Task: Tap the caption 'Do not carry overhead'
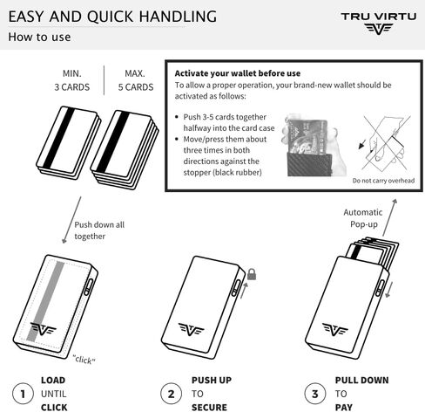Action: pos(383,181)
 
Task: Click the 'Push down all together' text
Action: pos(99,230)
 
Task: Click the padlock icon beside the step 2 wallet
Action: pos(252,274)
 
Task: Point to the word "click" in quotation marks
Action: pos(84,358)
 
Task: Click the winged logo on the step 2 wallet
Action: pos(191,329)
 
